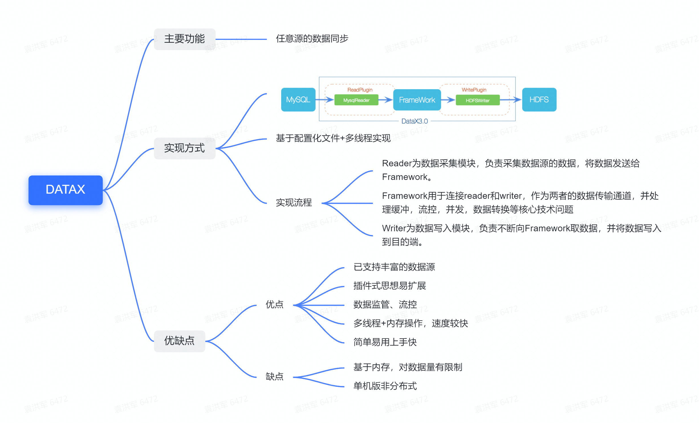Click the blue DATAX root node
coord(65,190)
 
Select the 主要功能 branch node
coord(184,39)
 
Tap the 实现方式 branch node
coord(184,148)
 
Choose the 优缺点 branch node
coord(179,341)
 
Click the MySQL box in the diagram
coord(298,100)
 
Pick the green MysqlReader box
coord(356,100)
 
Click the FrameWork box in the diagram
coord(417,100)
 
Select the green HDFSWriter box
coord(477,101)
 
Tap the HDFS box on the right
coord(539,100)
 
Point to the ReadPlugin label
coord(360,90)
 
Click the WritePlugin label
coord(474,90)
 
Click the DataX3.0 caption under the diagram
coord(414,121)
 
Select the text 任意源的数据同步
coord(312,38)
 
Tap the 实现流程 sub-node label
coord(294,203)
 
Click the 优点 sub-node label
coord(274,305)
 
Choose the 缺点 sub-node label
coord(274,377)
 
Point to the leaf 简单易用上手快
coord(385,342)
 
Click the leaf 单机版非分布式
coord(385,386)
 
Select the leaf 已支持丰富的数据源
coord(394,267)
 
